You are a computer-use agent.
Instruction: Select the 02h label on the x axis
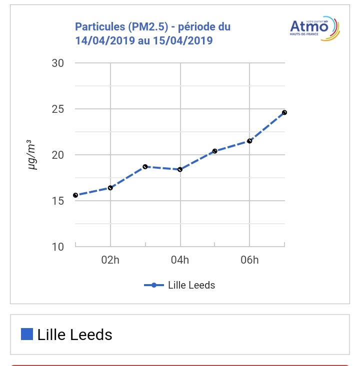(x=110, y=260)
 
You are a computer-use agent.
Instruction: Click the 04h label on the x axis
(x=180, y=260)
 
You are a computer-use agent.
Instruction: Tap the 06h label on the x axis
(x=249, y=260)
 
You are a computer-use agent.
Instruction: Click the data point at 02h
(x=110, y=188)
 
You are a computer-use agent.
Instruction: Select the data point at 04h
(x=180, y=169)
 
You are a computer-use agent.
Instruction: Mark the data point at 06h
(x=249, y=141)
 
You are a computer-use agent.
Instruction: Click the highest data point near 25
(x=284, y=112)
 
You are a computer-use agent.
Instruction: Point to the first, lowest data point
(x=75, y=195)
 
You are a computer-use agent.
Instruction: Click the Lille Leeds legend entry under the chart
(x=180, y=285)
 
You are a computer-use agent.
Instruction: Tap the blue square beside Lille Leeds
(x=27, y=334)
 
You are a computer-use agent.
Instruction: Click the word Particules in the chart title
(x=98, y=26)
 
